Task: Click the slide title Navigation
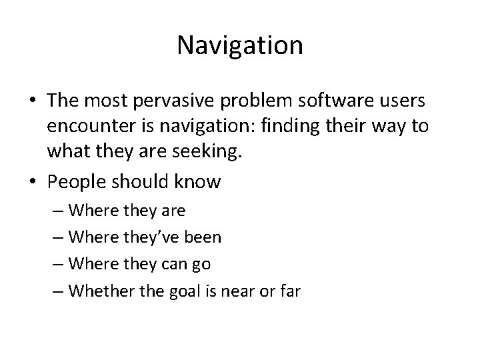240,45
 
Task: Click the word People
78,181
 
